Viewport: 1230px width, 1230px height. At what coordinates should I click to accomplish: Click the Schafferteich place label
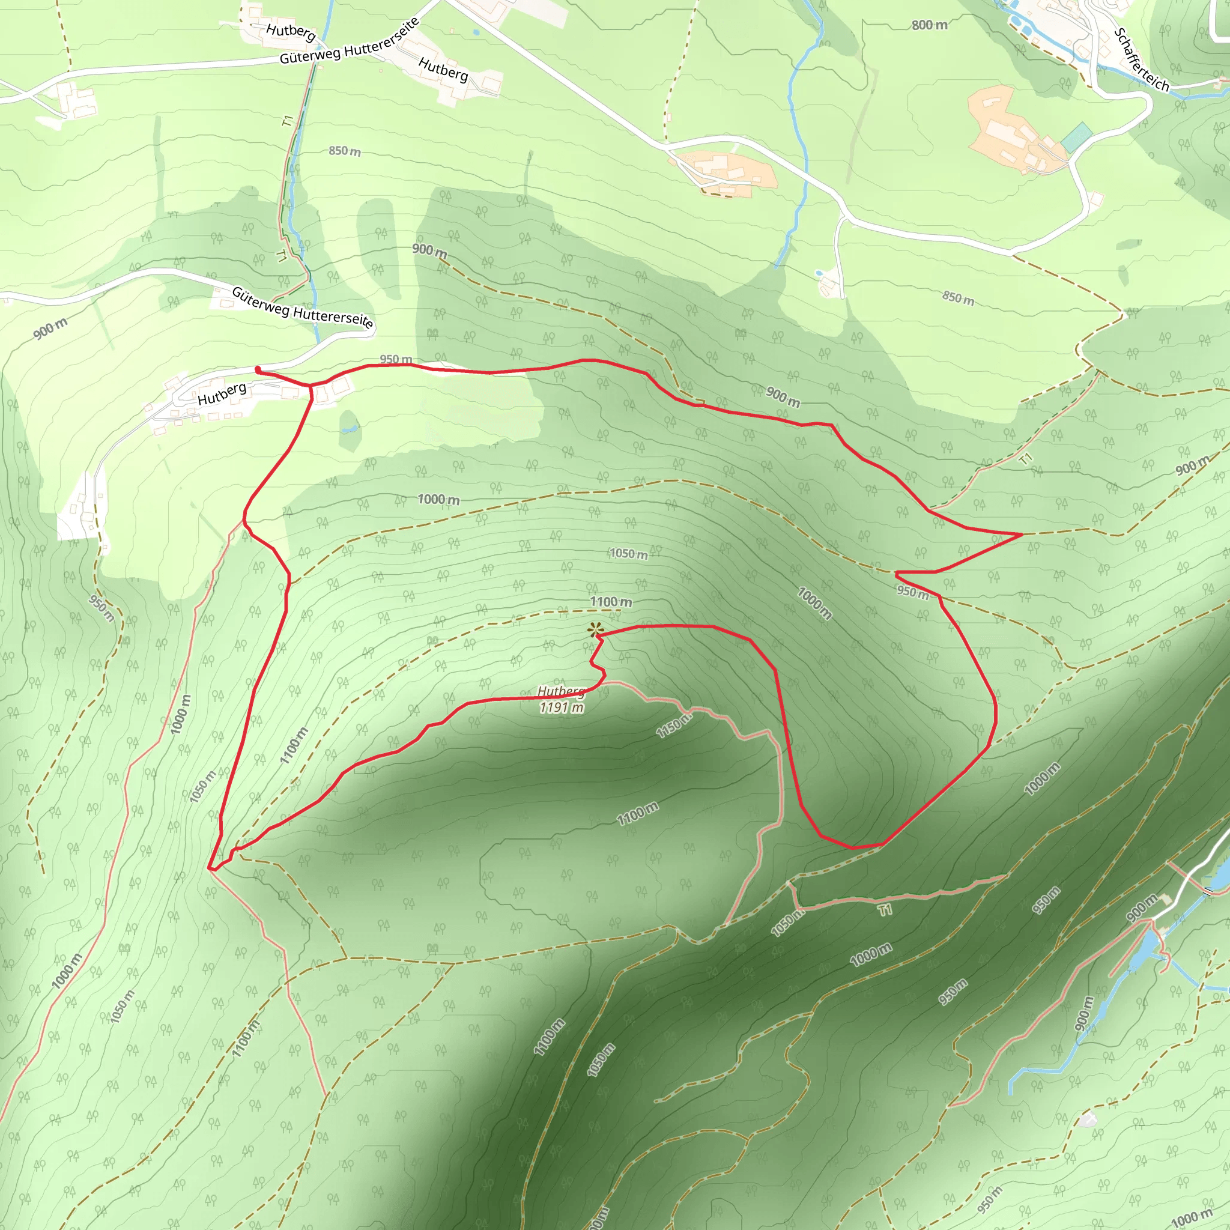1142,61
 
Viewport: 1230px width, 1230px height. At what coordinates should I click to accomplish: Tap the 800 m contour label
929,25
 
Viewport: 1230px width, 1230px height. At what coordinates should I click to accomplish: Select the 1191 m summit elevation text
562,707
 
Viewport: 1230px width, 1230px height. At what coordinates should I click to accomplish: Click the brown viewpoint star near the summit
595,630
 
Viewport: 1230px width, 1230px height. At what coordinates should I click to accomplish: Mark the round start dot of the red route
257,369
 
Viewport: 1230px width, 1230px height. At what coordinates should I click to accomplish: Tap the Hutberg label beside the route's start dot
222,394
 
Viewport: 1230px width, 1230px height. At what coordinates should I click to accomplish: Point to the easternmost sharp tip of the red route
1022,535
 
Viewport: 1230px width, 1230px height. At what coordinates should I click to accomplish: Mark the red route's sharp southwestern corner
210,867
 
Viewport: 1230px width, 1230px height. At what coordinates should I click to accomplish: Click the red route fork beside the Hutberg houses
311,386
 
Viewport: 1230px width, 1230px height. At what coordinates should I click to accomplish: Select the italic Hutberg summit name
561,691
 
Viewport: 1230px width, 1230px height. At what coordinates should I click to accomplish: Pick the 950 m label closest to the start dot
395,359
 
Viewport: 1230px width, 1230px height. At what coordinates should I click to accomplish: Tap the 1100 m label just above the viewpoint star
611,602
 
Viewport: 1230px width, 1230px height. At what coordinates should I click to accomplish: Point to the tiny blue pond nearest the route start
348,430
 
